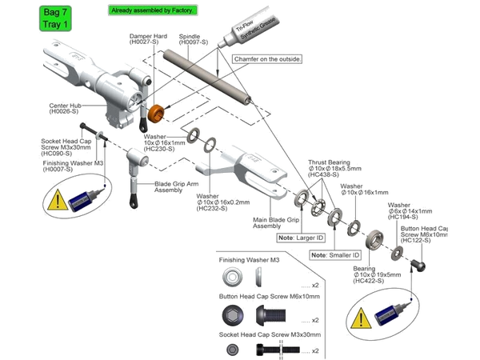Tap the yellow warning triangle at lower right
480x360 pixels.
click(x=362, y=320)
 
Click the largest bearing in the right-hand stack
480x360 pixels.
click(x=373, y=241)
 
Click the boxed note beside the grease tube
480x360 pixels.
click(x=267, y=60)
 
